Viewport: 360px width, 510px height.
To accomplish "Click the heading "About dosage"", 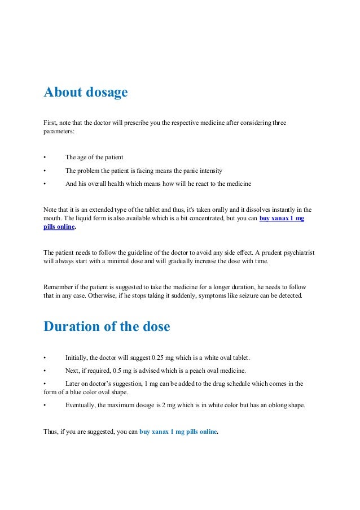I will pos(86,92).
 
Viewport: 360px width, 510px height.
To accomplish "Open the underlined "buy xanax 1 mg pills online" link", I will pos(282,218).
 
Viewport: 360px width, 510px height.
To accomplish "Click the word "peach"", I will pos(212,370).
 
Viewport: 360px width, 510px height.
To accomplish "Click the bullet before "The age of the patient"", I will pos(45,157).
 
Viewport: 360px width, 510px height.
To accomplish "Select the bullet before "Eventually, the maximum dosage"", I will pos(45,405).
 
